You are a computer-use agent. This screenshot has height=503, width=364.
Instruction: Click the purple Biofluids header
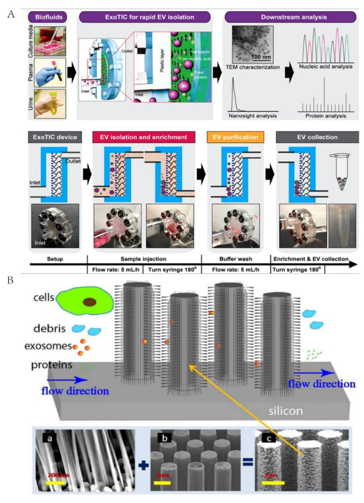[48, 17]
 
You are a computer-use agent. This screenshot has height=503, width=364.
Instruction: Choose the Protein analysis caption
[322, 116]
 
